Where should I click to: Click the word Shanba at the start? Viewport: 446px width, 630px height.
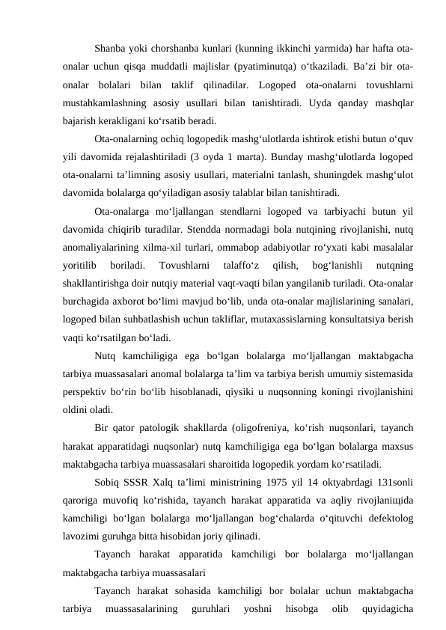tap(113, 49)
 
